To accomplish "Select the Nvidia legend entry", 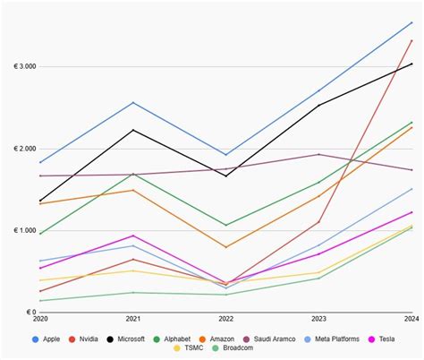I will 89,339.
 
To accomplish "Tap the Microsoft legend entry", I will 132,339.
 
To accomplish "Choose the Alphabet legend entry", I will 181,339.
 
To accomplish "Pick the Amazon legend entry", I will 229,339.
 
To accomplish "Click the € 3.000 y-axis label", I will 24,66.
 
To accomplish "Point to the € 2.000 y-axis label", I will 24,149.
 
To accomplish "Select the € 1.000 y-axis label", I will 24,231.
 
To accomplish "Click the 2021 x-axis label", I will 133,320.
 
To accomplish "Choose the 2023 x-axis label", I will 319,320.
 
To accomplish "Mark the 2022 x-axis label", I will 226,320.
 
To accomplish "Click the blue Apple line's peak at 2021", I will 133,102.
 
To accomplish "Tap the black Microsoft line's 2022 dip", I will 226,176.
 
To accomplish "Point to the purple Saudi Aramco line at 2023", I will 319,154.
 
